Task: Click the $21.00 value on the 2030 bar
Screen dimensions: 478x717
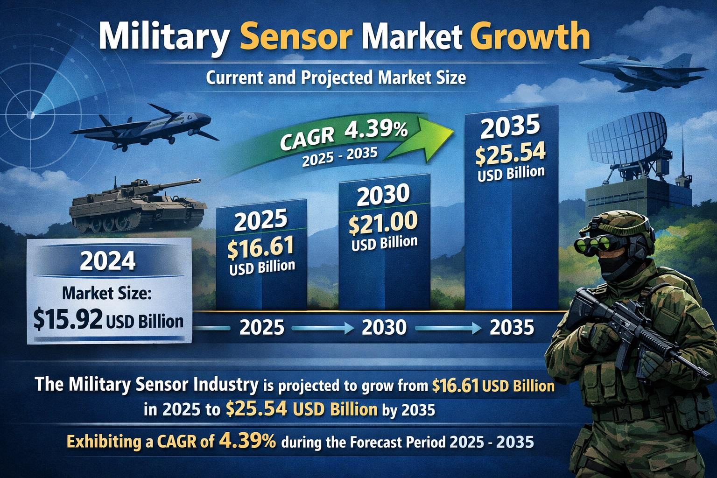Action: [383, 222]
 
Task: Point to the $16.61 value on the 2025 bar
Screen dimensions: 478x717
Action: [260, 246]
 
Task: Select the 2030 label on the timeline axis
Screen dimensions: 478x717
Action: [384, 328]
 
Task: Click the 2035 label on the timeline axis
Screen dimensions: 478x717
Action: [512, 328]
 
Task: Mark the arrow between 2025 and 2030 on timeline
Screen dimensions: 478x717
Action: [322, 329]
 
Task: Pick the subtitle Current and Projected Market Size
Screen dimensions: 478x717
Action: [336, 77]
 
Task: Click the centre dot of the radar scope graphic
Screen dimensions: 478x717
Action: [31, 114]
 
